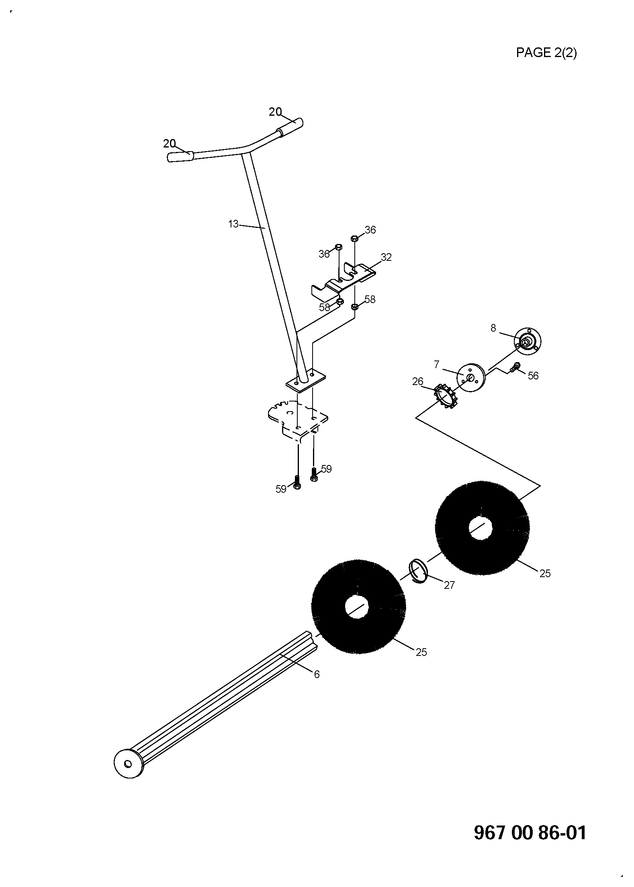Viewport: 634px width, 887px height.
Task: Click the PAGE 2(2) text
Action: [546, 53]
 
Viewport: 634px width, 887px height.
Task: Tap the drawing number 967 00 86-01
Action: [530, 832]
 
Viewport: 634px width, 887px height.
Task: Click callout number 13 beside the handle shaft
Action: [233, 224]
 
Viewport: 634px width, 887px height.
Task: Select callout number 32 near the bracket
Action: [386, 257]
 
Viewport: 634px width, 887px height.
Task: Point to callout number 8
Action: [493, 328]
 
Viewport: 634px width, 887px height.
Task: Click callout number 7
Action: [437, 365]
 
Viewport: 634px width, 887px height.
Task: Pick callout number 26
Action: [418, 381]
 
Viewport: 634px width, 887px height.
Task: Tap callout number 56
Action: [533, 375]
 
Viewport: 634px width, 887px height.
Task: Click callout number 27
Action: [449, 585]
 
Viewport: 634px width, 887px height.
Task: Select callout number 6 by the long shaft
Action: [317, 674]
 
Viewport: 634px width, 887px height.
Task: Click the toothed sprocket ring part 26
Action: [445, 396]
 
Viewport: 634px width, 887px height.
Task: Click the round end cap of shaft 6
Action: [128, 764]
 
